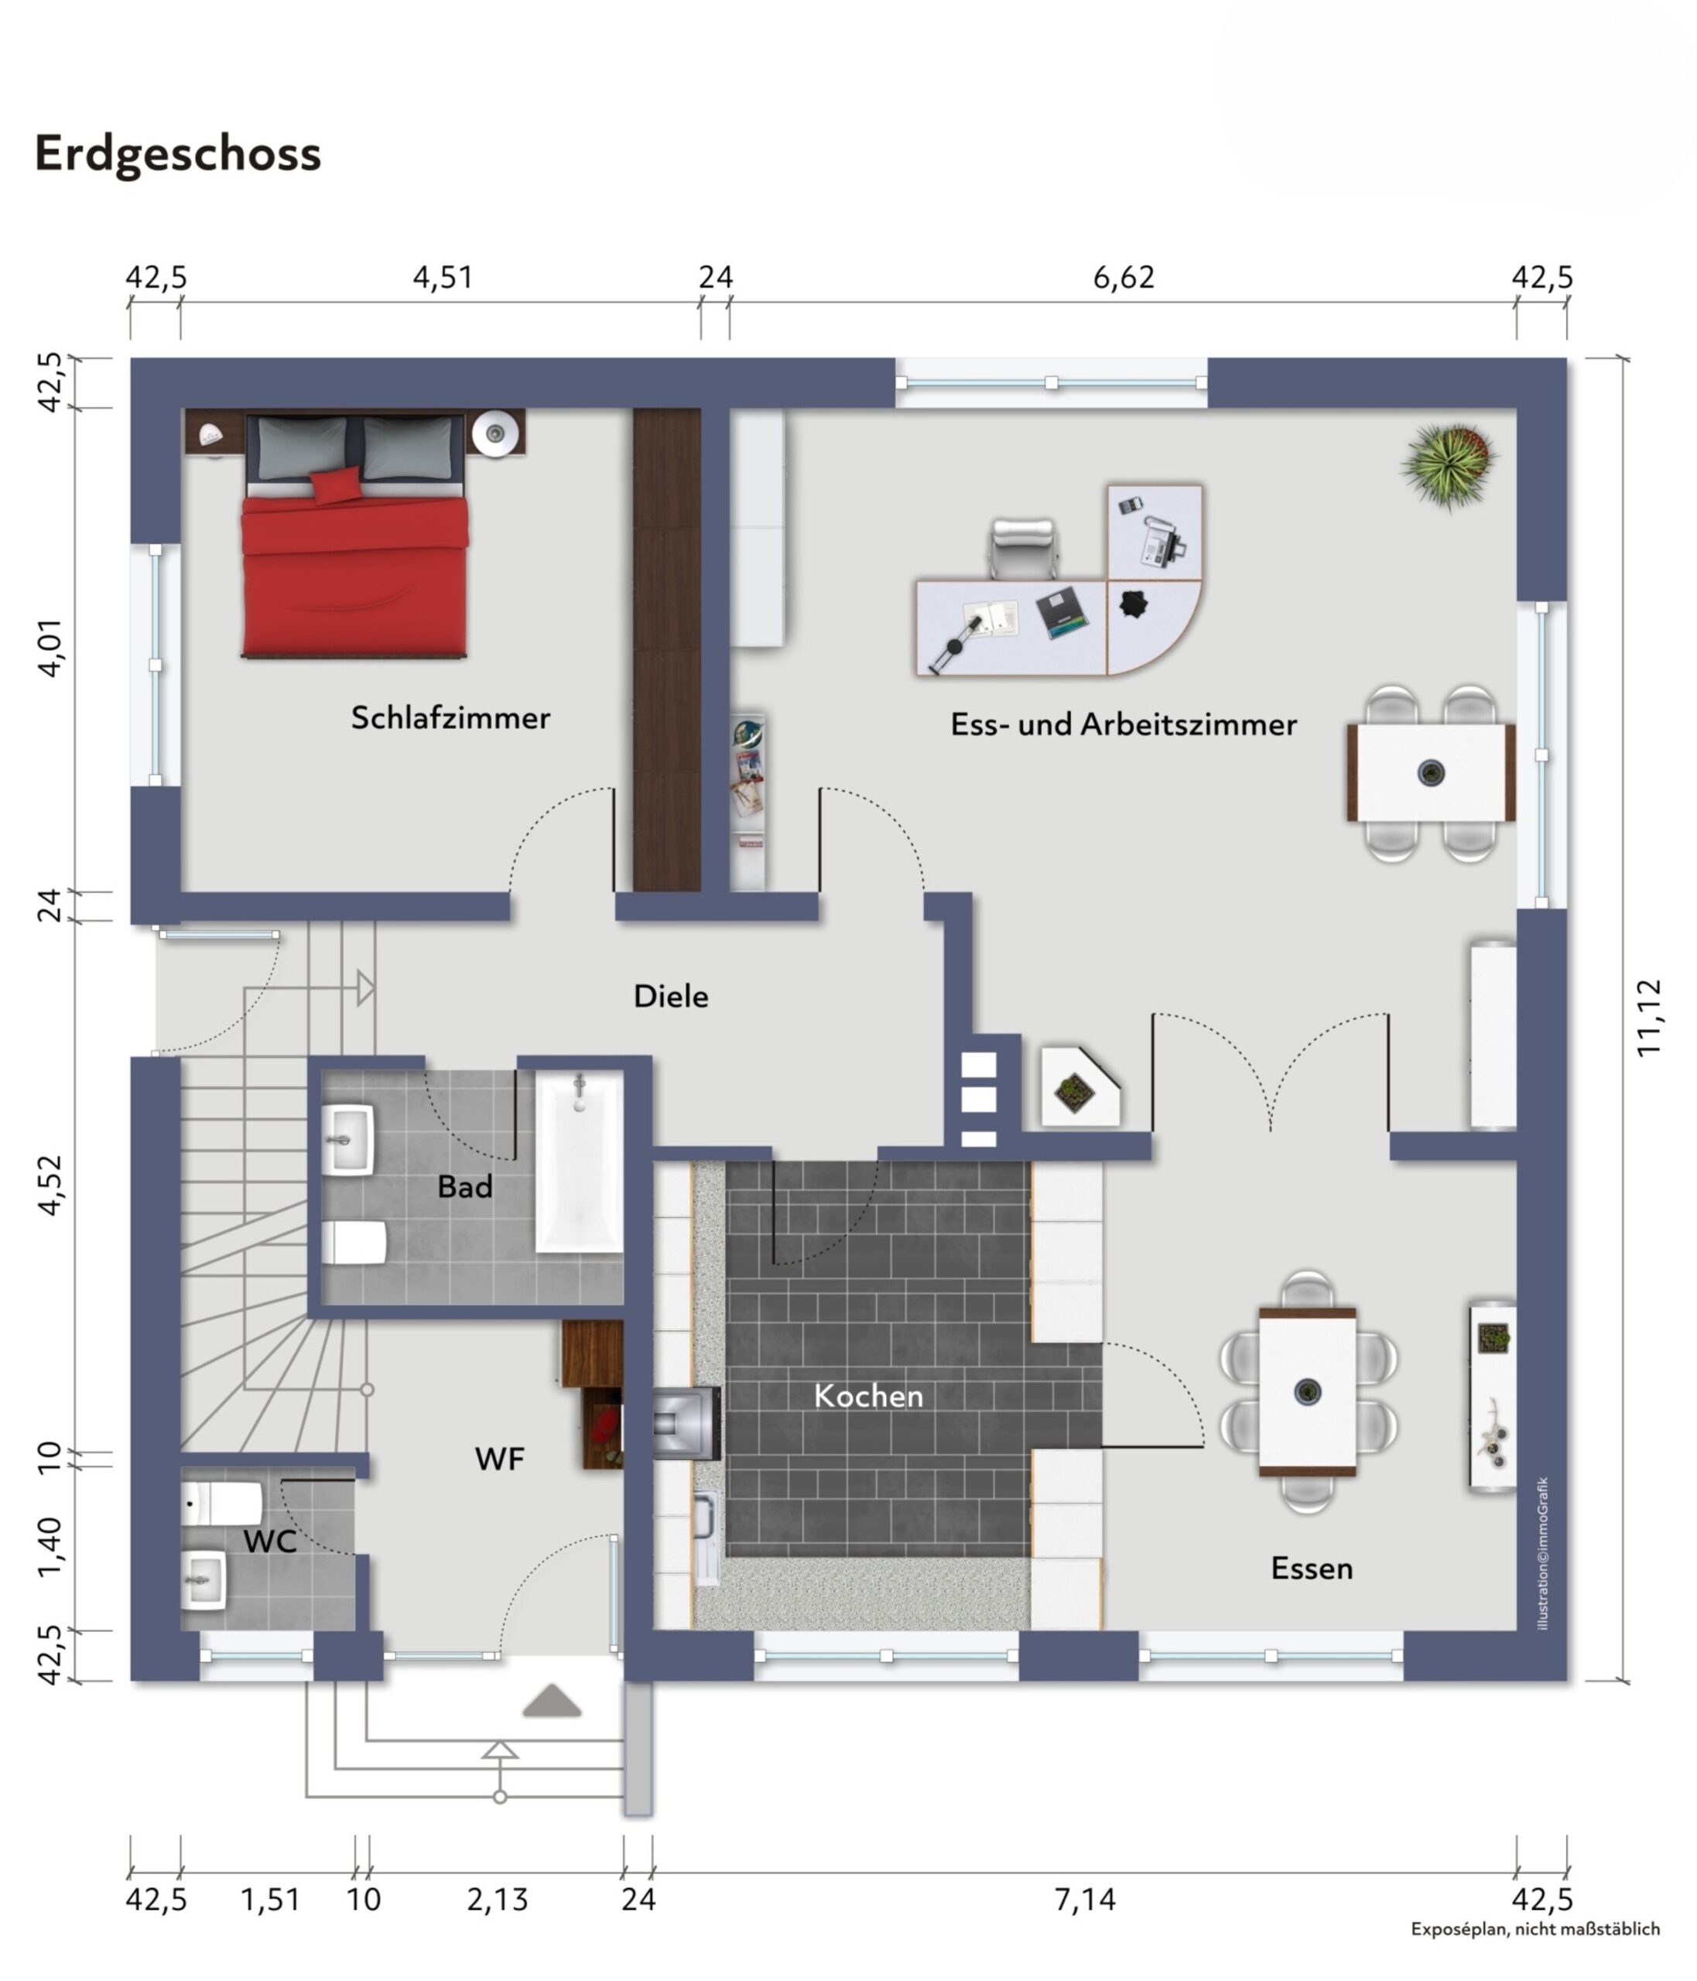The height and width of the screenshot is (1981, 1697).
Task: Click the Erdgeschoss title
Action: click(x=178, y=153)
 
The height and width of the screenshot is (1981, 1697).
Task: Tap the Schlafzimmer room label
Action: click(x=450, y=717)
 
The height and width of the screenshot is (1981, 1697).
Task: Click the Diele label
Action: click(x=670, y=996)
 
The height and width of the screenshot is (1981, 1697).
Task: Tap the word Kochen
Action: click(x=868, y=1396)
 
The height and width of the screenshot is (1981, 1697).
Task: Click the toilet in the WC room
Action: click(x=222, y=1503)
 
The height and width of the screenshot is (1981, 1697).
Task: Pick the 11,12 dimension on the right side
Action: click(x=1649, y=1018)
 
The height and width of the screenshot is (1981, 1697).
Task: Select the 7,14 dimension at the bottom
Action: click(x=1083, y=1899)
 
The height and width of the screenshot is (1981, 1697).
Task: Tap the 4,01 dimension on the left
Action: click(x=50, y=647)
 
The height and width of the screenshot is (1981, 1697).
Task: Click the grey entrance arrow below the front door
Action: click(x=552, y=1701)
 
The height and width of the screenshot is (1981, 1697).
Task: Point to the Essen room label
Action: click(x=1311, y=1568)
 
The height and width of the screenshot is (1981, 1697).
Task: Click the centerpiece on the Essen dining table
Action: click(x=1307, y=1391)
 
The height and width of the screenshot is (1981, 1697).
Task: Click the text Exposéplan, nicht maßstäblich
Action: click(x=1534, y=1929)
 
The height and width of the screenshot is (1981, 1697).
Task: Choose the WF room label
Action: click(x=499, y=1459)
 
